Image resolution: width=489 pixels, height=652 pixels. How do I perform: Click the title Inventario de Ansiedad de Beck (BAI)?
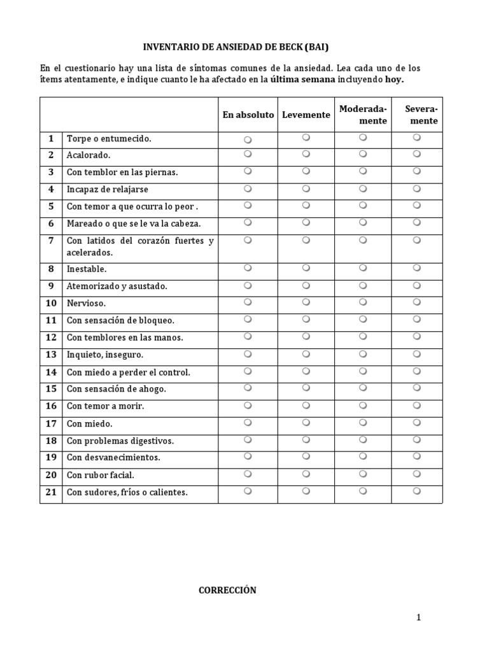click(x=236, y=47)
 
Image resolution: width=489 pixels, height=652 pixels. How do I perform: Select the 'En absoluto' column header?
click(x=248, y=115)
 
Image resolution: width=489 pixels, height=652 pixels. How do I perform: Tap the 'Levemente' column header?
click(x=306, y=115)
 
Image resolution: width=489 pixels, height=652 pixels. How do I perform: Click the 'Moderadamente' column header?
click(x=363, y=115)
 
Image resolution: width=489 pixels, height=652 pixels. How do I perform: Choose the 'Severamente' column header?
click(x=421, y=115)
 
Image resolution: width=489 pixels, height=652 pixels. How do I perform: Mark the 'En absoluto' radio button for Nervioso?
click(x=248, y=302)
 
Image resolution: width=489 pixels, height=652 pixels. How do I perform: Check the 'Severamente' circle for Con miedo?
click(x=416, y=422)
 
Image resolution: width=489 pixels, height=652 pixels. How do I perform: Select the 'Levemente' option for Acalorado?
click(x=306, y=153)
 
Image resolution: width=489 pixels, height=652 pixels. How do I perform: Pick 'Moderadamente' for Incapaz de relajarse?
click(x=362, y=188)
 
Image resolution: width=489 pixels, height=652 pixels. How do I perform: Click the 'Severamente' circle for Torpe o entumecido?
click(x=416, y=137)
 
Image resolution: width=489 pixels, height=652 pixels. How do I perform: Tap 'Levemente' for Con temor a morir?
click(x=306, y=405)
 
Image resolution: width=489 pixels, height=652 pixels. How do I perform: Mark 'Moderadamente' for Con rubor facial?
click(x=362, y=474)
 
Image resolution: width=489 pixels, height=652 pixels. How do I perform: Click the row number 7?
click(x=51, y=240)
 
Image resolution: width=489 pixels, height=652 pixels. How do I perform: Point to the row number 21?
click(x=51, y=492)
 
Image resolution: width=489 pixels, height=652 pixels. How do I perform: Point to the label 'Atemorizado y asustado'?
click(x=117, y=286)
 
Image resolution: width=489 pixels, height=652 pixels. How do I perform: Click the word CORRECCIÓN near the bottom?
click(x=227, y=590)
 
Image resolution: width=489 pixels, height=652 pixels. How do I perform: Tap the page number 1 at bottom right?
click(x=418, y=617)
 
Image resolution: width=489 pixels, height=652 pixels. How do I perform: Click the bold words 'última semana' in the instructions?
click(x=302, y=80)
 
